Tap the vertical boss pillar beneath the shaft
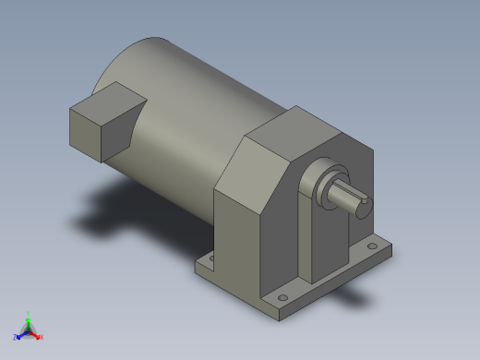tap(324, 240)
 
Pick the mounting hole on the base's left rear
tap(210, 261)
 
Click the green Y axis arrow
tap(29, 318)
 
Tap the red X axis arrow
tap(36, 333)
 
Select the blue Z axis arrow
tap(21, 332)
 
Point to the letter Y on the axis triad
tap(29, 312)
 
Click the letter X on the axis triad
tap(42, 337)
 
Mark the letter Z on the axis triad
tap(16, 337)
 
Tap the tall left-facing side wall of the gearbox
tap(237, 242)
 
